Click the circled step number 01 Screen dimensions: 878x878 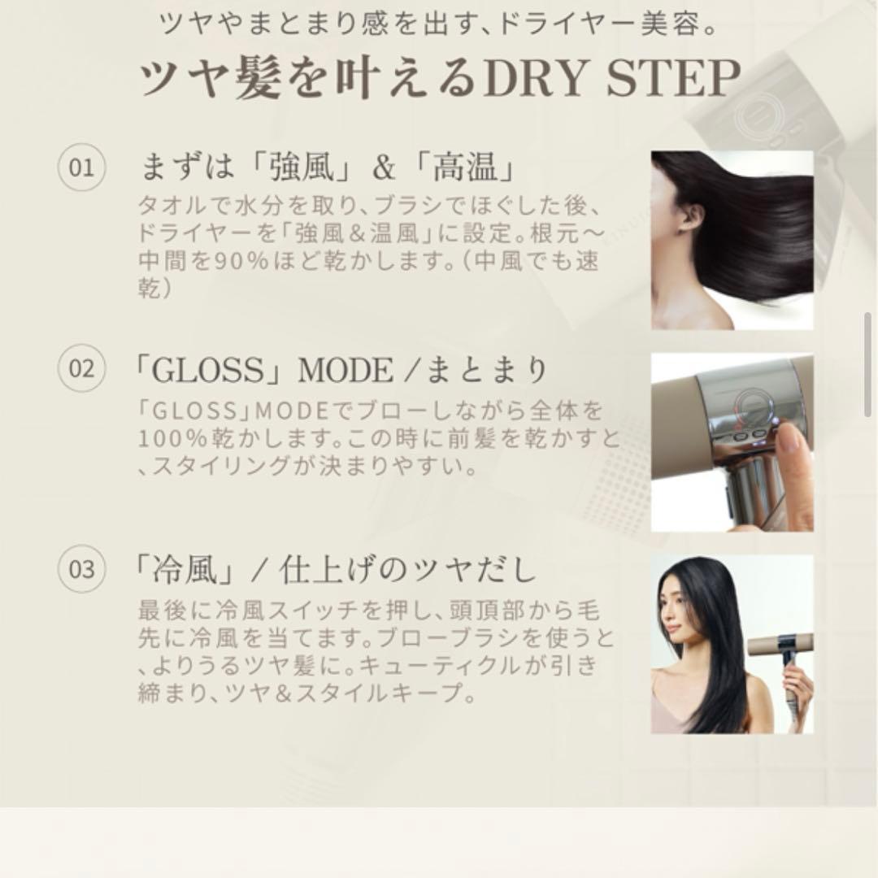[x=81, y=168]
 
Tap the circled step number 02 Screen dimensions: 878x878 [x=81, y=369]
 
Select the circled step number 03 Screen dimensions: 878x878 [x=81, y=569]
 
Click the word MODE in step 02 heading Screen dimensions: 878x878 [x=346, y=371]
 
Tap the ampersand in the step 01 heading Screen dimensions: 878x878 [x=382, y=169]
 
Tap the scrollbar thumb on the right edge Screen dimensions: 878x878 [x=867, y=341]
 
